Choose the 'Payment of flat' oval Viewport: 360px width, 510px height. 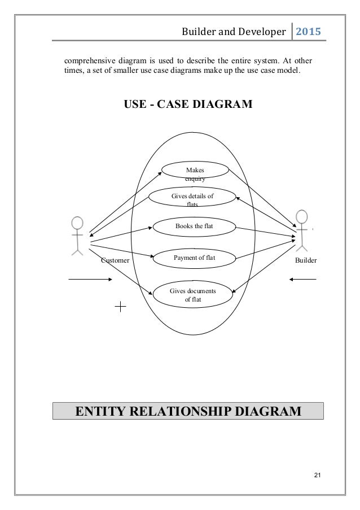coord(193,258)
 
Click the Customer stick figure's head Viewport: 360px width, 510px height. coord(77,223)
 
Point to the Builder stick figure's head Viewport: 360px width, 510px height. coord(302,217)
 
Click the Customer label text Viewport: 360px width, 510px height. coord(115,261)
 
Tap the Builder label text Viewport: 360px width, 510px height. coord(306,261)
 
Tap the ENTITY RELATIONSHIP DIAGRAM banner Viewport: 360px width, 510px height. coord(188,411)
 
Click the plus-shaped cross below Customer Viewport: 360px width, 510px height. coord(121,307)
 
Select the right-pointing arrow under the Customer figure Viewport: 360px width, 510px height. coord(90,279)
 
